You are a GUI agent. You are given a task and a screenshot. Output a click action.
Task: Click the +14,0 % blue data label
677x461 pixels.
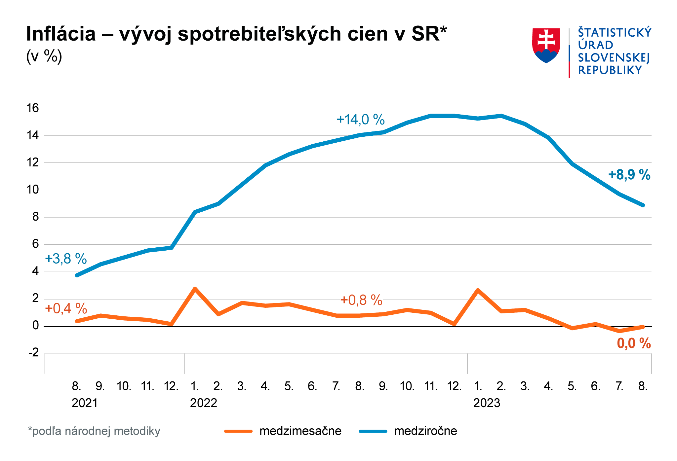(x=360, y=120)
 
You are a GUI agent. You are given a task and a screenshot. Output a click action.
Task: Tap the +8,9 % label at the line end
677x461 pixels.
(x=629, y=175)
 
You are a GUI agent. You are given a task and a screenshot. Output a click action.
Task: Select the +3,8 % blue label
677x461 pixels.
(x=66, y=259)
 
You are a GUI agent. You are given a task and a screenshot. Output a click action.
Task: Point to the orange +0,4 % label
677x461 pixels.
(x=66, y=308)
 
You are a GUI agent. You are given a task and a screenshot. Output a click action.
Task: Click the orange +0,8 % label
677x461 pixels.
(x=361, y=300)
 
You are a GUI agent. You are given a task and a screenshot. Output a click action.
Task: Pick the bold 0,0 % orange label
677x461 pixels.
(x=634, y=344)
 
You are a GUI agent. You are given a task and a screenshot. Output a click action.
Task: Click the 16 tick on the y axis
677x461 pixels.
(x=33, y=108)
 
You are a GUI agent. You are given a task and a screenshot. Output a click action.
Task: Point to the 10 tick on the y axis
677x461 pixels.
(x=33, y=190)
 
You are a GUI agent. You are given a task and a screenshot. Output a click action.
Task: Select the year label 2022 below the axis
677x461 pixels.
(x=203, y=403)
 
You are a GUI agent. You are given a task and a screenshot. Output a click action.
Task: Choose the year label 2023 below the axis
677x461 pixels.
(x=487, y=403)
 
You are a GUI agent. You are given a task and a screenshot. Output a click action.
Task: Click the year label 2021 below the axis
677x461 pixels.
(x=85, y=403)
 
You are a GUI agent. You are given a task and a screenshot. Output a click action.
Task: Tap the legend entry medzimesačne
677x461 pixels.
(x=300, y=431)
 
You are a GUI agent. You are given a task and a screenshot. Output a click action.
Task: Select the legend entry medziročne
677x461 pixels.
(x=425, y=431)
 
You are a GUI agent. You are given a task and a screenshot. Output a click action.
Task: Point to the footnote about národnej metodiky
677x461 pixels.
(x=94, y=431)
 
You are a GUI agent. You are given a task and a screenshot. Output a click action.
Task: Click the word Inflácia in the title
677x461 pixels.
(x=61, y=34)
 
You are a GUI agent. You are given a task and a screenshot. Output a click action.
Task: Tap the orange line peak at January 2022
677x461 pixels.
(x=195, y=289)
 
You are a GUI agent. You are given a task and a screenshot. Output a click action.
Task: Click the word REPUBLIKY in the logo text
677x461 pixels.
(x=610, y=70)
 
